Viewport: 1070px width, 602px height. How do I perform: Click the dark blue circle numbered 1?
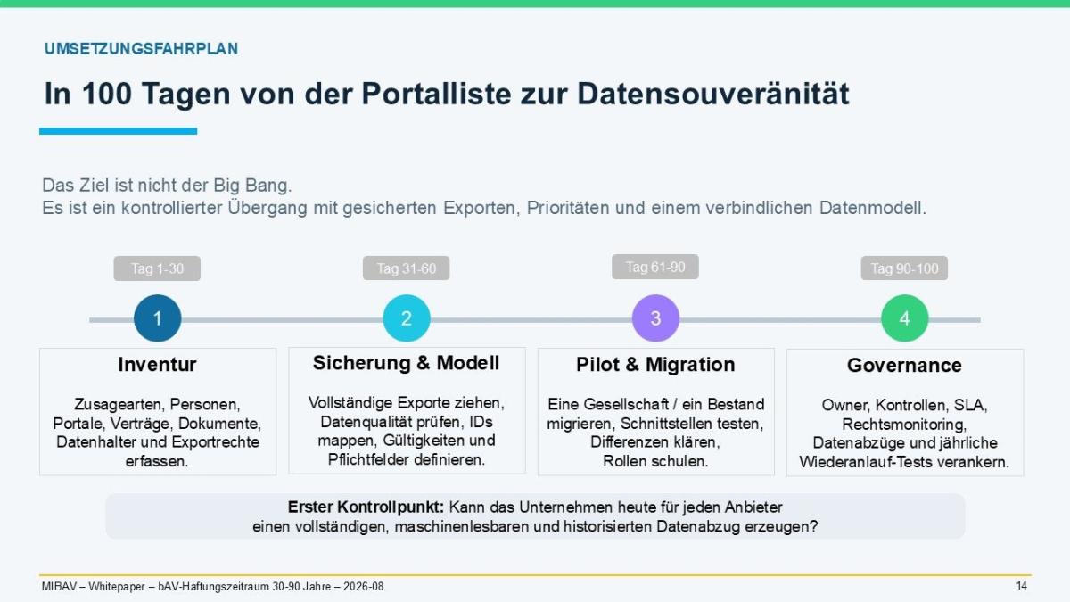(x=158, y=318)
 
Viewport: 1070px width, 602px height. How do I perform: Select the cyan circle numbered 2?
(x=407, y=318)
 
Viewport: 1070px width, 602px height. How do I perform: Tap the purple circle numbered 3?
(x=655, y=318)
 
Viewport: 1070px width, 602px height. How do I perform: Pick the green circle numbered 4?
(x=905, y=318)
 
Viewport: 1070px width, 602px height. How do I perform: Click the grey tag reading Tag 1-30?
(x=157, y=268)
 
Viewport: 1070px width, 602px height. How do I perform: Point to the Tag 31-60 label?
(x=406, y=268)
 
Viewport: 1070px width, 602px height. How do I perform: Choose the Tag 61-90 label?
(x=655, y=267)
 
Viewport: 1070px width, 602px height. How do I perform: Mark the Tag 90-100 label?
(x=904, y=268)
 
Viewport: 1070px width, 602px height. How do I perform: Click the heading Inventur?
(x=157, y=365)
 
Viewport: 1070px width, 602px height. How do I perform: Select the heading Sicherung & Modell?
(x=406, y=363)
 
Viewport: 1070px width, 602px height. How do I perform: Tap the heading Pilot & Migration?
(x=655, y=365)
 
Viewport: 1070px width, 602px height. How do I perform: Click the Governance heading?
(x=904, y=366)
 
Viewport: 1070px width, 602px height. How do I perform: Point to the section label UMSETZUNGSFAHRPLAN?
(x=141, y=49)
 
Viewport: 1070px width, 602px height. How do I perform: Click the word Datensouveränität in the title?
(x=713, y=93)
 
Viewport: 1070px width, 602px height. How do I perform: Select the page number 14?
(x=1021, y=586)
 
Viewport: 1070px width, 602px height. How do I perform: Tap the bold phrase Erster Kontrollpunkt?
(x=366, y=507)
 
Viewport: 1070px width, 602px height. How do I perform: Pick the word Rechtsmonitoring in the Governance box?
(x=904, y=425)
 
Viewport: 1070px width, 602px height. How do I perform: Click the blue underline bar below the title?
(x=118, y=131)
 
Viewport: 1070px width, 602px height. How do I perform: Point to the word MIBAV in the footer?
(x=59, y=586)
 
